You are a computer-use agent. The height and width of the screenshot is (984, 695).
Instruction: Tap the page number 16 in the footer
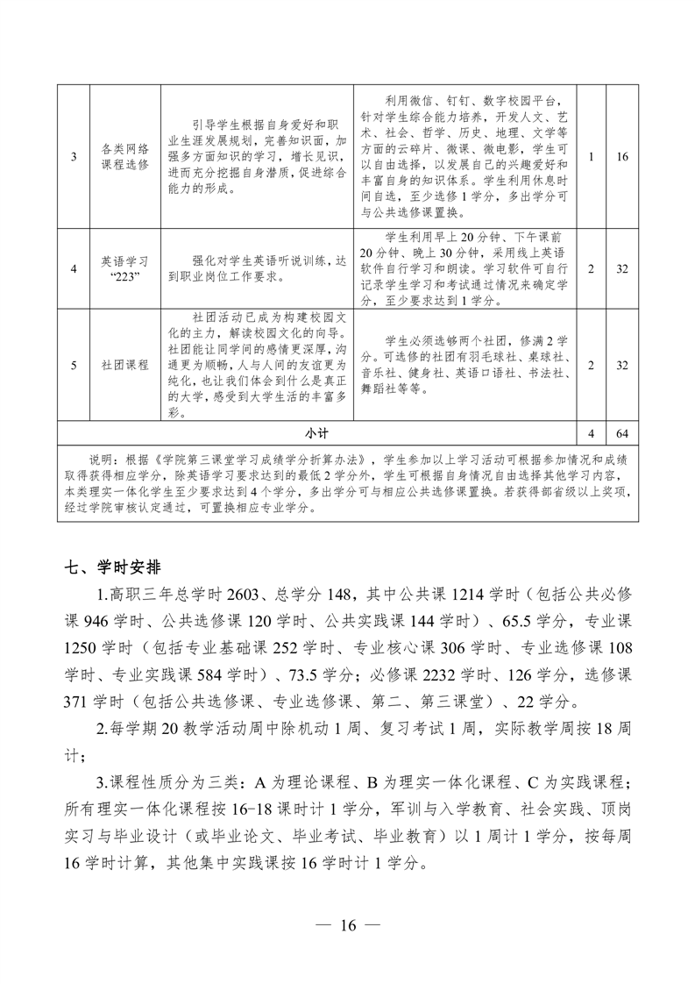(347, 925)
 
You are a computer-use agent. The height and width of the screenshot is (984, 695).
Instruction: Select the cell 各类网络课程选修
(125, 157)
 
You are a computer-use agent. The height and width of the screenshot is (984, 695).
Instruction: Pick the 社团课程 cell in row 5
(125, 365)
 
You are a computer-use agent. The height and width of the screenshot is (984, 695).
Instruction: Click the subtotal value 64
(622, 433)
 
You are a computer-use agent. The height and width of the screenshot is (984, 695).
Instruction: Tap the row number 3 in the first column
(74, 157)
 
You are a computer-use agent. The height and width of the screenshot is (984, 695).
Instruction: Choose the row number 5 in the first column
(74, 365)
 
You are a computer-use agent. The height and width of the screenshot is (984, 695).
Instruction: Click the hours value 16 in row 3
(622, 157)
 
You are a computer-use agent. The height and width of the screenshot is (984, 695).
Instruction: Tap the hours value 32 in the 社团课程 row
(622, 365)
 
